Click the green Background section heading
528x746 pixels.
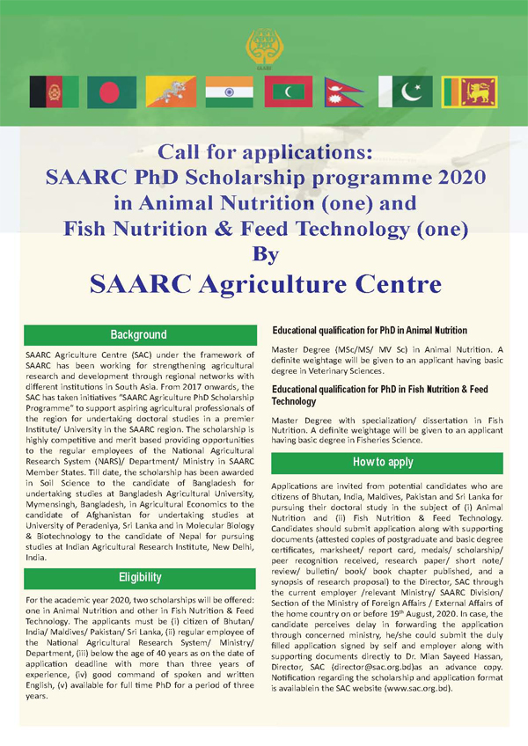tap(138, 335)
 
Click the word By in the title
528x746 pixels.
tap(265, 254)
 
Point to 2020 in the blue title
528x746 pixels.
tap(454, 175)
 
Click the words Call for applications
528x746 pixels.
tap(264, 150)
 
